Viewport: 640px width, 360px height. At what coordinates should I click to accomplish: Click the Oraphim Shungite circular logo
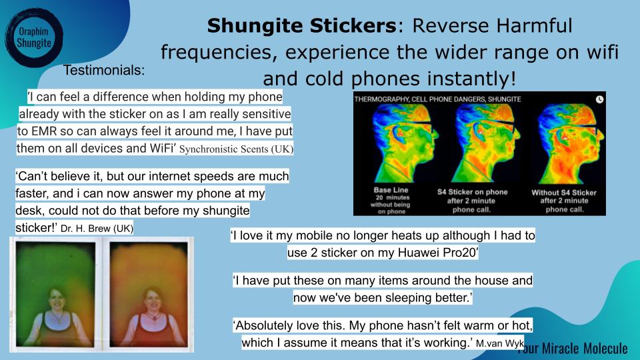coord(34,37)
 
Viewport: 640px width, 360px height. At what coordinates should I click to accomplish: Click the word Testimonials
coord(104,70)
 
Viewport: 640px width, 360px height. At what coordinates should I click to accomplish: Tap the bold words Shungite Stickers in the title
coord(301,26)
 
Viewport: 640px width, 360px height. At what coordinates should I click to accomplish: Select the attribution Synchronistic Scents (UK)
coord(236,149)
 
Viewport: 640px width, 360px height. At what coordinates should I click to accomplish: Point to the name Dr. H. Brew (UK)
coord(97,228)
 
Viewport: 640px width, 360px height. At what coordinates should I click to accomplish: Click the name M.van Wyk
coord(500,343)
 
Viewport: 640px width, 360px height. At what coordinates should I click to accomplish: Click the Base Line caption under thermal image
coord(391,190)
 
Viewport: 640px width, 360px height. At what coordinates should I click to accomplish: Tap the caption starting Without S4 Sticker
coord(564,201)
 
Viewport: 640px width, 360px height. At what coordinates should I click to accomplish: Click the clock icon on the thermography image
coord(599,99)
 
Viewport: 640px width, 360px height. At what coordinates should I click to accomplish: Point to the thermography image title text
coord(437,99)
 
